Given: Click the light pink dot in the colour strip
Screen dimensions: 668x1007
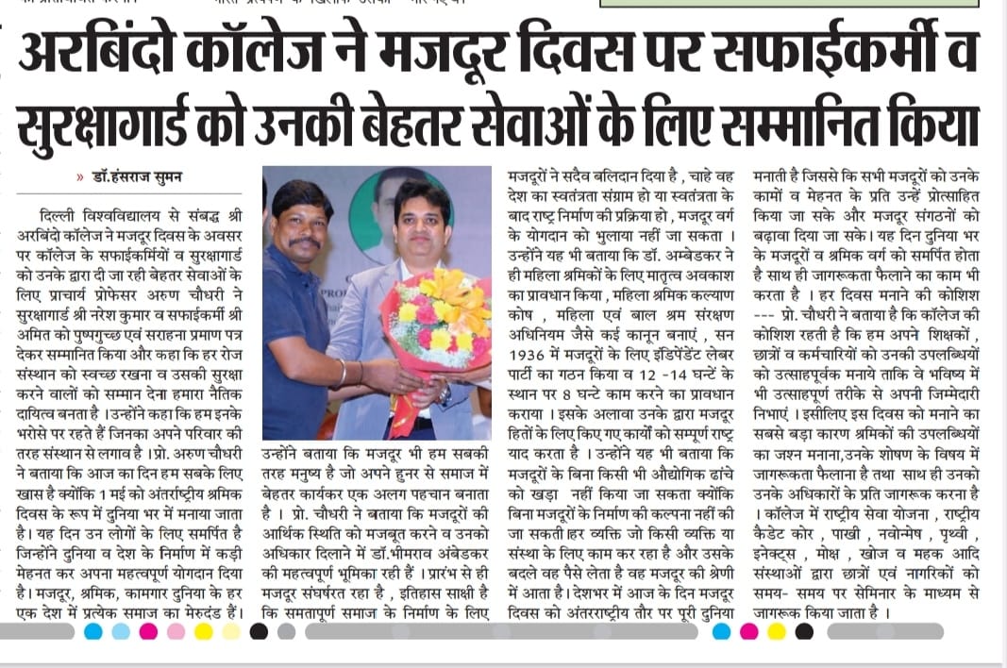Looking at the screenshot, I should [176, 632].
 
